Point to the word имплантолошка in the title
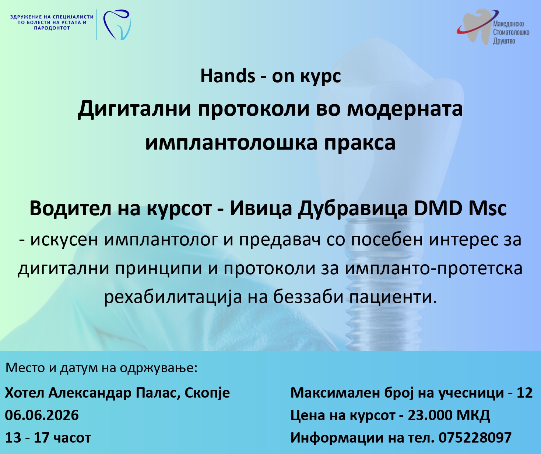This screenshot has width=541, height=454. tap(231, 143)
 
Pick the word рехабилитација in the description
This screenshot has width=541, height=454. tap(173, 297)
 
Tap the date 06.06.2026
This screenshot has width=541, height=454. tap(42, 415)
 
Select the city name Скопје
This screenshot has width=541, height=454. tap(207, 393)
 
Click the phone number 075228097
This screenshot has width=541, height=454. tap(475, 438)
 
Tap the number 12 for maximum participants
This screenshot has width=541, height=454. tap(525, 393)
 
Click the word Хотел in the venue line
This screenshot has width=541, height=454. tap(25, 393)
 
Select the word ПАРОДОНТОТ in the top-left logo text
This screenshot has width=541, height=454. tap(52, 28)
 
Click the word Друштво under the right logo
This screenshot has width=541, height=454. tap(504, 41)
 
